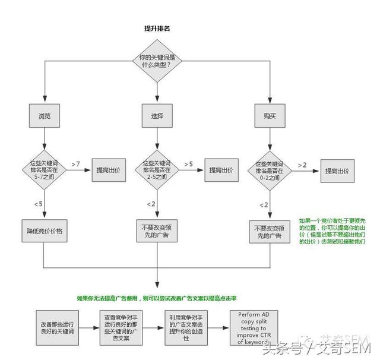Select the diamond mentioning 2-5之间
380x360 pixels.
coord(157,168)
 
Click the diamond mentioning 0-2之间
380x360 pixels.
coord(270,168)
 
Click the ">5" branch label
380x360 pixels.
coord(188,163)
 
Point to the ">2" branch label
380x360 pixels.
coord(302,165)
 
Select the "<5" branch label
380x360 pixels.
coord(38,204)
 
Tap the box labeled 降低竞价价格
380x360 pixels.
coord(45,231)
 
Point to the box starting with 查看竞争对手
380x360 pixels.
coord(121,326)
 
